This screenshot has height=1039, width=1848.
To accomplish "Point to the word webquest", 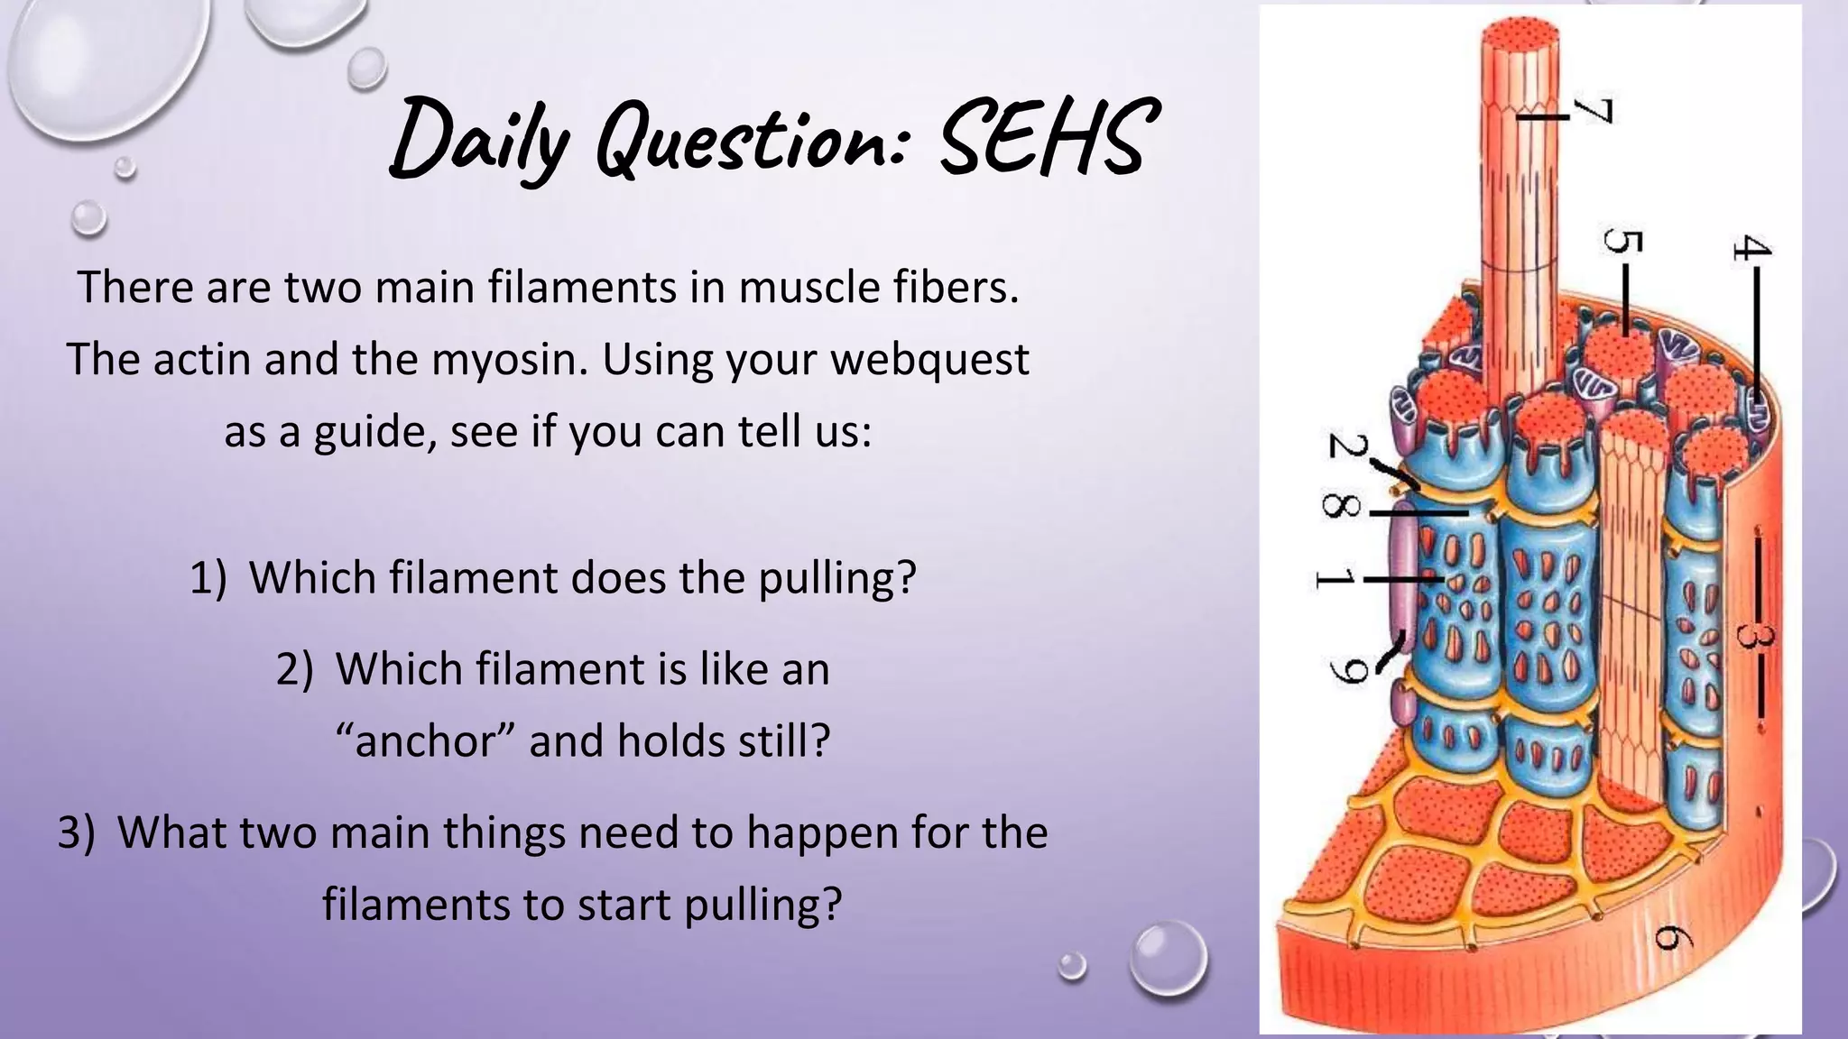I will coord(929,360).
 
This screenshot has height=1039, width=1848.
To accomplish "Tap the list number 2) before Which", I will coord(295,669).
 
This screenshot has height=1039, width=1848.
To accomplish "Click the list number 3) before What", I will coord(76,832).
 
